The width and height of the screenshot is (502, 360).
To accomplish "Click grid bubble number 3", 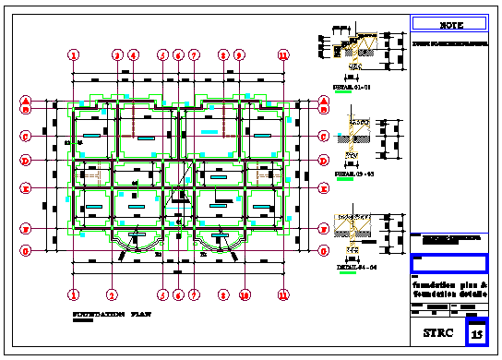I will [x=117, y=55].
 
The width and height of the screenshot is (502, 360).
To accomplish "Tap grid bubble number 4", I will [x=133, y=55].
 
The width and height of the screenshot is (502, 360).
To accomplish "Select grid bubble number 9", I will [x=239, y=55].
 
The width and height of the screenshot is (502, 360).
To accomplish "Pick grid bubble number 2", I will [x=112, y=295].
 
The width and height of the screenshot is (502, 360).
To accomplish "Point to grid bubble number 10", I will [x=245, y=295].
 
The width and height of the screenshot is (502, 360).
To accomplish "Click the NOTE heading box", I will [x=450, y=24].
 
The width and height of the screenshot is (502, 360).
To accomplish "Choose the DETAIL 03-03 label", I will [x=353, y=173].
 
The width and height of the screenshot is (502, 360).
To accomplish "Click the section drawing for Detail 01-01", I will [x=354, y=52].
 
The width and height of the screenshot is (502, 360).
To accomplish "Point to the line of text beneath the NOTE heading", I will [x=450, y=42].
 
